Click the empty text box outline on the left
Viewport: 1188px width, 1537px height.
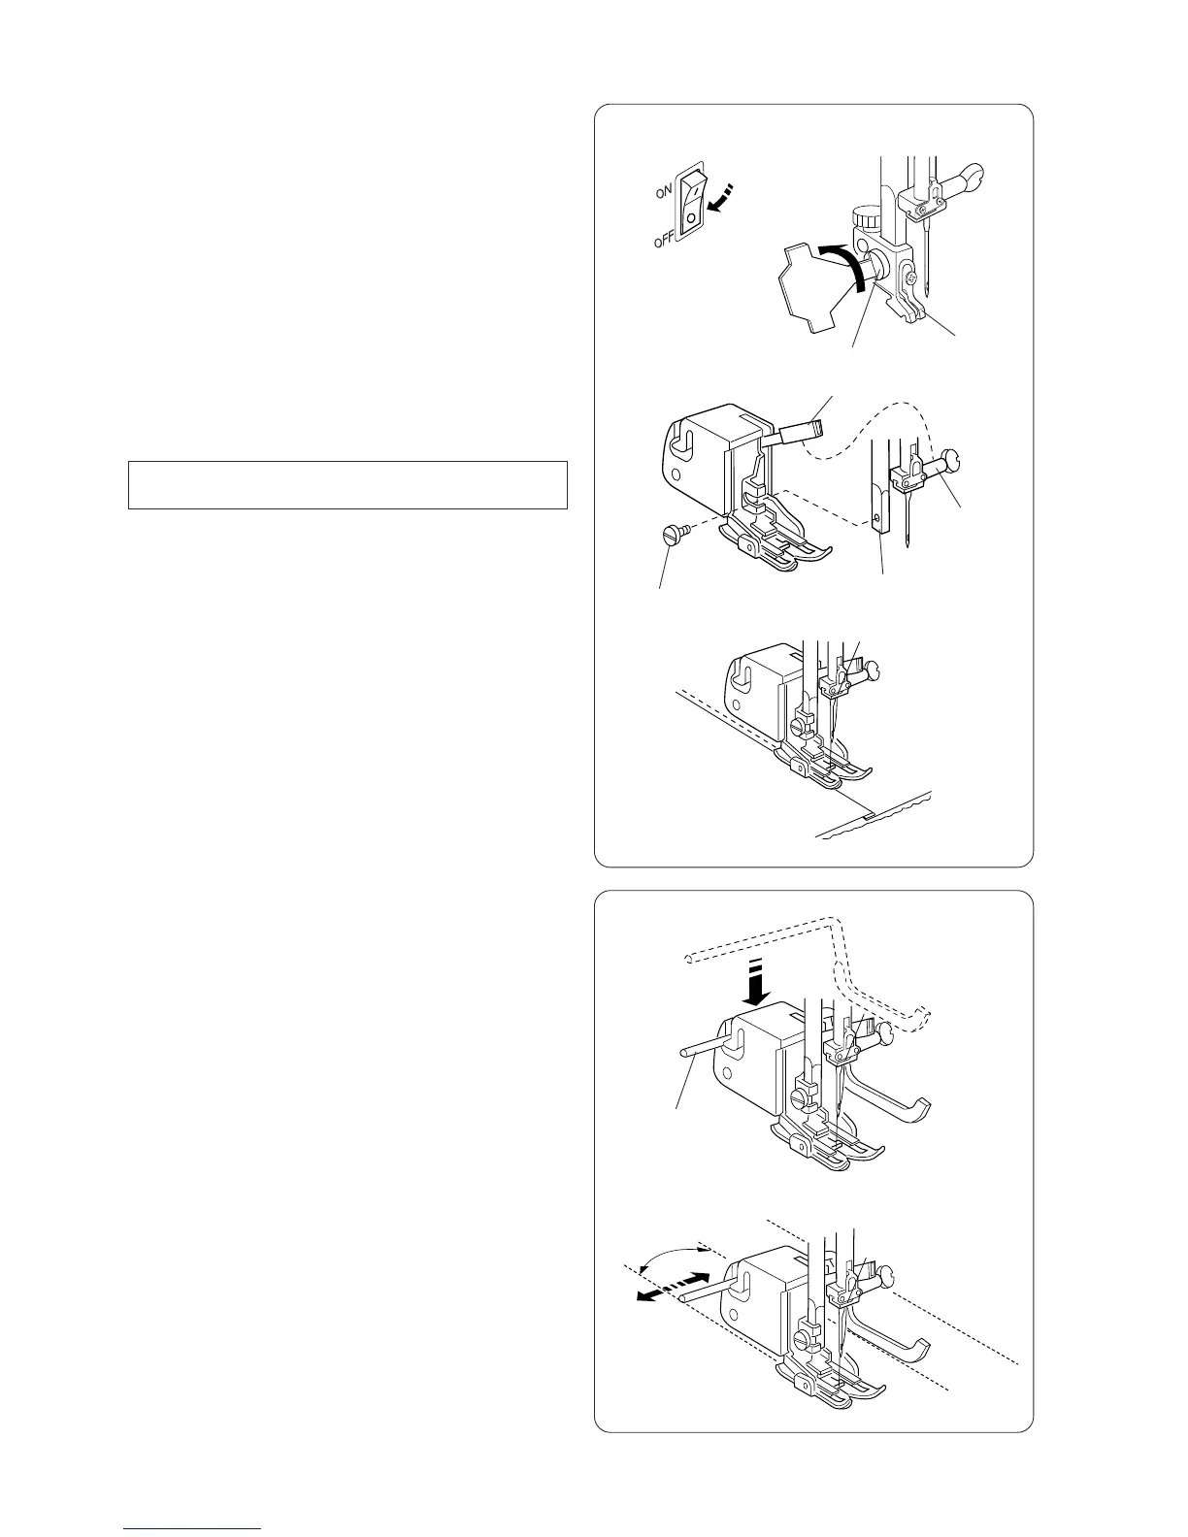(x=347, y=484)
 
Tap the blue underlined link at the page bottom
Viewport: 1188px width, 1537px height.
(x=192, y=1529)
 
